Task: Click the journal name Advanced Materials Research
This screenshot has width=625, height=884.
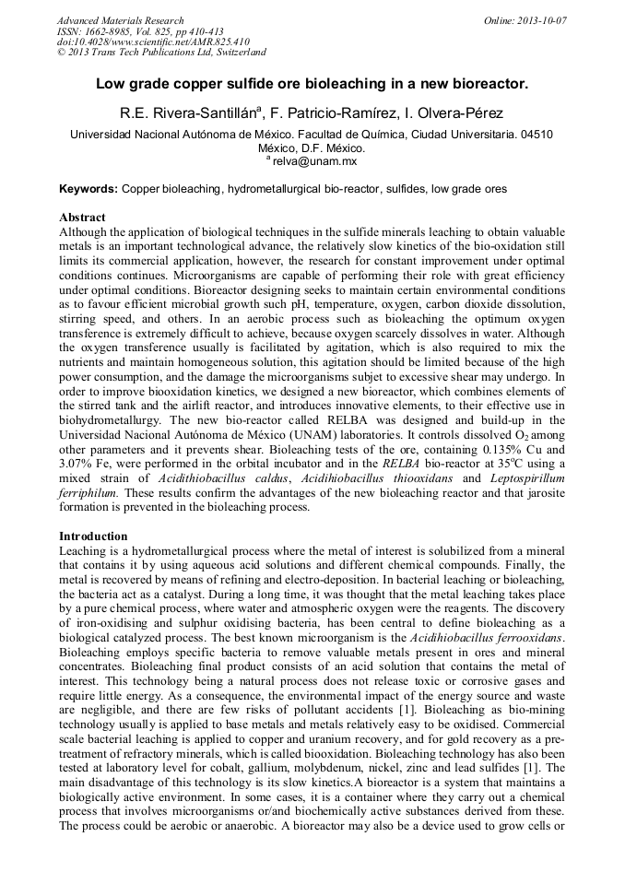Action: click(x=120, y=20)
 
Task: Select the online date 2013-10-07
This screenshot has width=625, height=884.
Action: click(x=543, y=20)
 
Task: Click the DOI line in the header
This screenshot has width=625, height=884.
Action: click(x=153, y=42)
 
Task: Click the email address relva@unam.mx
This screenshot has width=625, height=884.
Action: click(x=314, y=161)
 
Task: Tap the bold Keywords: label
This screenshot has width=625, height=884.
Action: click(x=88, y=189)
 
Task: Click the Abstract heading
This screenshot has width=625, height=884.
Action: click(x=82, y=218)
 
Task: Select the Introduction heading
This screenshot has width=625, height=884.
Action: click(x=92, y=536)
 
